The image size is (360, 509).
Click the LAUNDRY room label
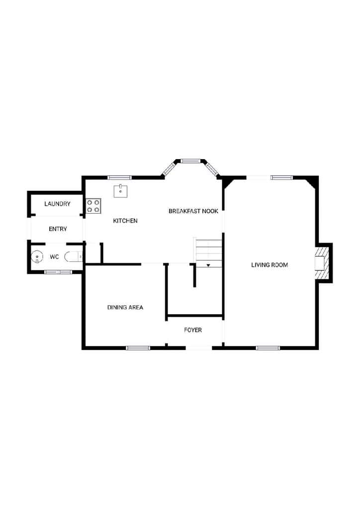tap(58, 204)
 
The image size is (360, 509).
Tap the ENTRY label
tap(58, 229)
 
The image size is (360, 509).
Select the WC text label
tap(54, 257)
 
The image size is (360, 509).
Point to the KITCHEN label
tap(125, 221)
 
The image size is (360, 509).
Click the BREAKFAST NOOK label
tap(193, 211)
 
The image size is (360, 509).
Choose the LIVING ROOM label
tap(270, 265)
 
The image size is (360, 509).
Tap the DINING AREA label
tap(125, 307)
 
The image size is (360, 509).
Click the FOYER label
tap(193, 330)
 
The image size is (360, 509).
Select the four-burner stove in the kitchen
tap(93, 206)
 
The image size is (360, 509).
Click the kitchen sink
tap(120, 191)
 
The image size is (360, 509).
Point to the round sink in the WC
tap(37, 257)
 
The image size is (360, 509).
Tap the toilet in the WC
tap(74, 257)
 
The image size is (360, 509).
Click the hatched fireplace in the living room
tap(322, 262)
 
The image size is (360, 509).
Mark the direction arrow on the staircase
tap(208, 265)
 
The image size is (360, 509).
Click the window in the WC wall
tap(58, 272)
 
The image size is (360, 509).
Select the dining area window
tap(138, 348)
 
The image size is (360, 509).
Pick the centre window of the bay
tap(190, 161)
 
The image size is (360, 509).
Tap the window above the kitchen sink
tap(119, 177)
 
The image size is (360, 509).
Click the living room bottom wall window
tap(268, 348)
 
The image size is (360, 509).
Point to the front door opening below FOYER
tap(199, 348)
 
